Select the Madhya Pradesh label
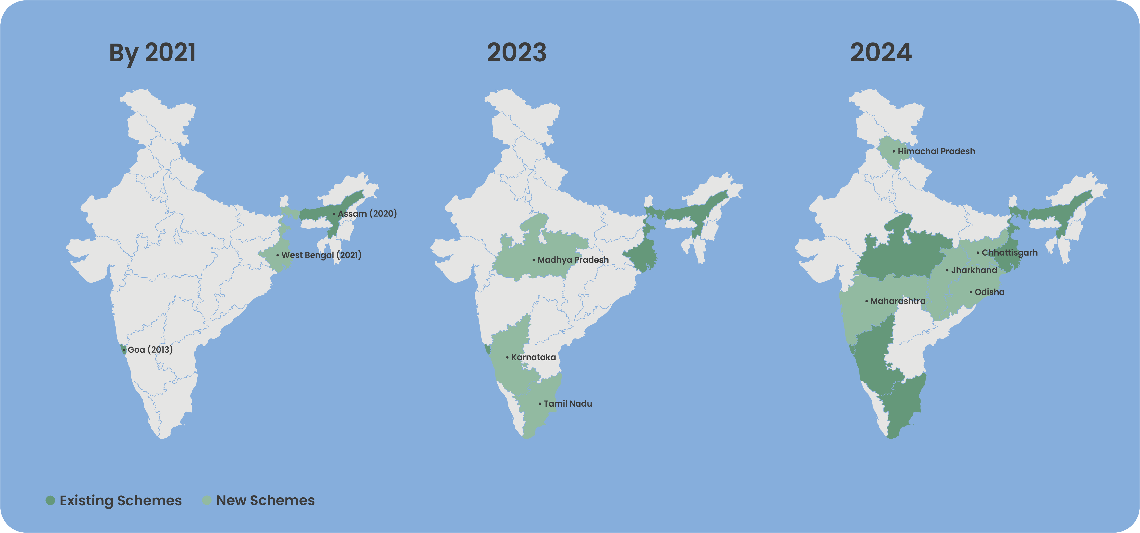pyautogui.click(x=573, y=260)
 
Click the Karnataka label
pyautogui.click(x=533, y=357)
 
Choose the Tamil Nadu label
pyautogui.click(x=567, y=404)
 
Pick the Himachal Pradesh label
pyautogui.click(x=936, y=151)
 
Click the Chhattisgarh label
pyautogui.click(x=1009, y=253)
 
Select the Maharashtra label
pyautogui.click(x=897, y=301)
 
